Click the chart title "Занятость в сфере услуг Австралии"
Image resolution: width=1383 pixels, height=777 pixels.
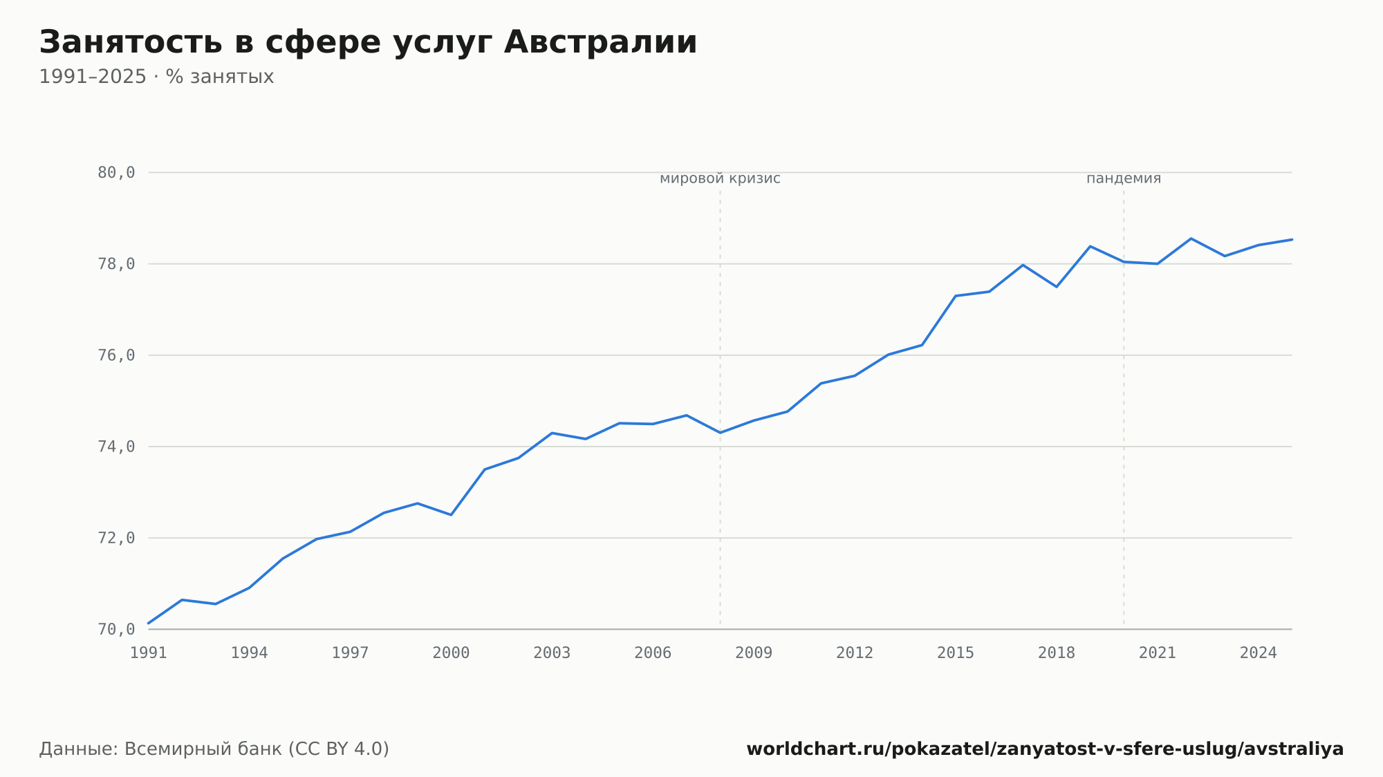click(x=368, y=43)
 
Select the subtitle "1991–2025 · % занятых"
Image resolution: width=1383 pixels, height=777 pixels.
click(x=156, y=77)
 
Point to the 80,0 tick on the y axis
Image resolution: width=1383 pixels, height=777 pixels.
click(x=116, y=173)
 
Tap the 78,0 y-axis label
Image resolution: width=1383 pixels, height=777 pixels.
click(x=116, y=264)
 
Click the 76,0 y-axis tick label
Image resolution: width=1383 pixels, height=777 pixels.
click(x=116, y=355)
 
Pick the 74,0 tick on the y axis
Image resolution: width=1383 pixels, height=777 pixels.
click(x=116, y=447)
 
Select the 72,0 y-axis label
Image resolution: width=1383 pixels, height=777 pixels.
click(x=116, y=538)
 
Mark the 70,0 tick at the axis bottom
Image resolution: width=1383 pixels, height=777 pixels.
click(x=116, y=629)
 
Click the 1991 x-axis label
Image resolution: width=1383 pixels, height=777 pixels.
click(x=149, y=653)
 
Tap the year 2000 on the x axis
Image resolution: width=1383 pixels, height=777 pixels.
click(x=451, y=653)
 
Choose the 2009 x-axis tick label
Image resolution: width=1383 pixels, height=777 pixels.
click(x=754, y=653)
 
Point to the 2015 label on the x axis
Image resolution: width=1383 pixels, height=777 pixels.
click(x=956, y=653)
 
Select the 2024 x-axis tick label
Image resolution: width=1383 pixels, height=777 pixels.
click(x=1259, y=653)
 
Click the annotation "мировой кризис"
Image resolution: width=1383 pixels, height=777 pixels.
click(x=720, y=179)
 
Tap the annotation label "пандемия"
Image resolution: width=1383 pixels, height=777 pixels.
click(x=1124, y=179)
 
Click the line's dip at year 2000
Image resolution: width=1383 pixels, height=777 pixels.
click(x=451, y=515)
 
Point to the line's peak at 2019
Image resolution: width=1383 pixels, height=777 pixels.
click(x=1090, y=246)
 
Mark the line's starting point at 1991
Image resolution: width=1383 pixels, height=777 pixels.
click(x=149, y=624)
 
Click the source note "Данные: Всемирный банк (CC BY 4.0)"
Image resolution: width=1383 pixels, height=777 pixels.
click(x=214, y=749)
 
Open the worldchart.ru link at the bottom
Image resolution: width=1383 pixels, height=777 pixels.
click(x=1045, y=749)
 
